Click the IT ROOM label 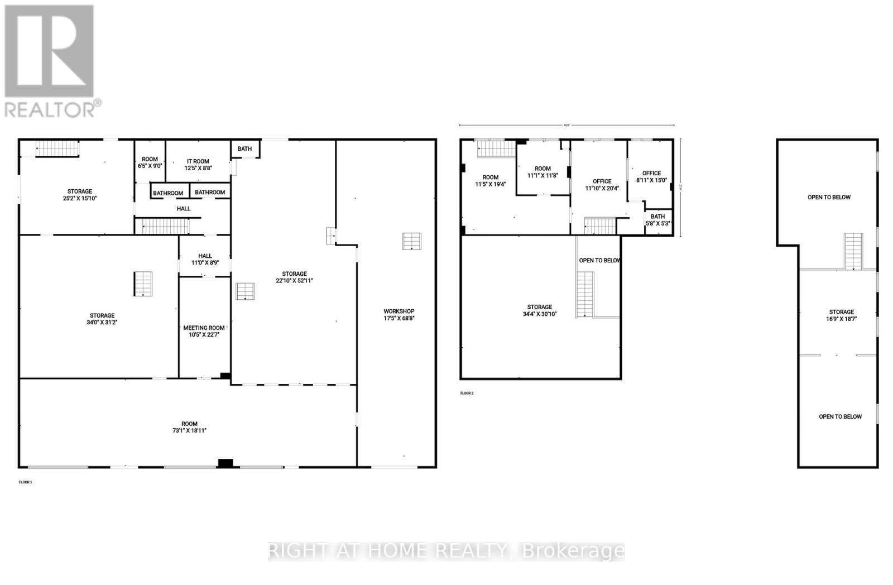[198, 161]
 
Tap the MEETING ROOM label [204, 328]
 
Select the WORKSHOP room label [399, 311]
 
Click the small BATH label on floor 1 [244, 148]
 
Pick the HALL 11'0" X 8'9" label [205, 259]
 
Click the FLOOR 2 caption [467, 393]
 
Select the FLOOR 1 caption [26, 482]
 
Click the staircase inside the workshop [412, 241]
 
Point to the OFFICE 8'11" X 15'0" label [651, 176]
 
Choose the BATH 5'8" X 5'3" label [657, 220]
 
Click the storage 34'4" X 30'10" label [540, 310]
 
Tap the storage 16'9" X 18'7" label [841, 315]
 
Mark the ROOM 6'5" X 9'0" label [150, 162]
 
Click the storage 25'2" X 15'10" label [80, 195]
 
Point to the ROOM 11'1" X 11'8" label [542, 172]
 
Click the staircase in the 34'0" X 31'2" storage [143, 284]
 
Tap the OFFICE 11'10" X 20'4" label [602, 185]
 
